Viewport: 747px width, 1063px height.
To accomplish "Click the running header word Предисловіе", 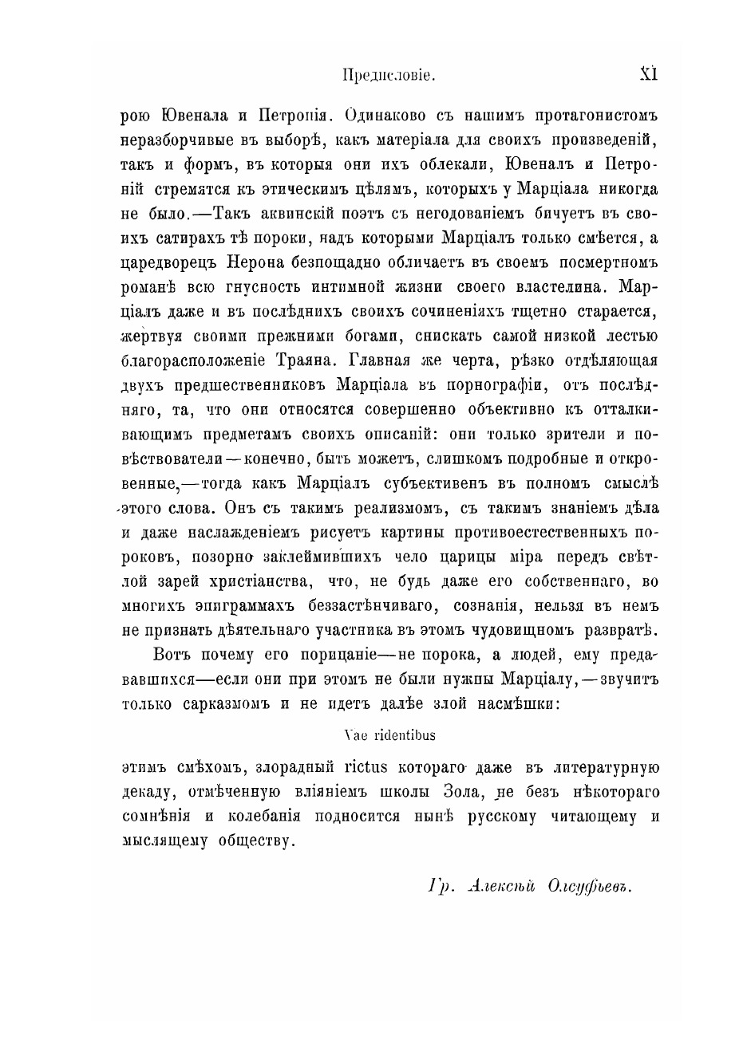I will (x=388, y=76).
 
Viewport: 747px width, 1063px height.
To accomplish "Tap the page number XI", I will (x=648, y=74).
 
